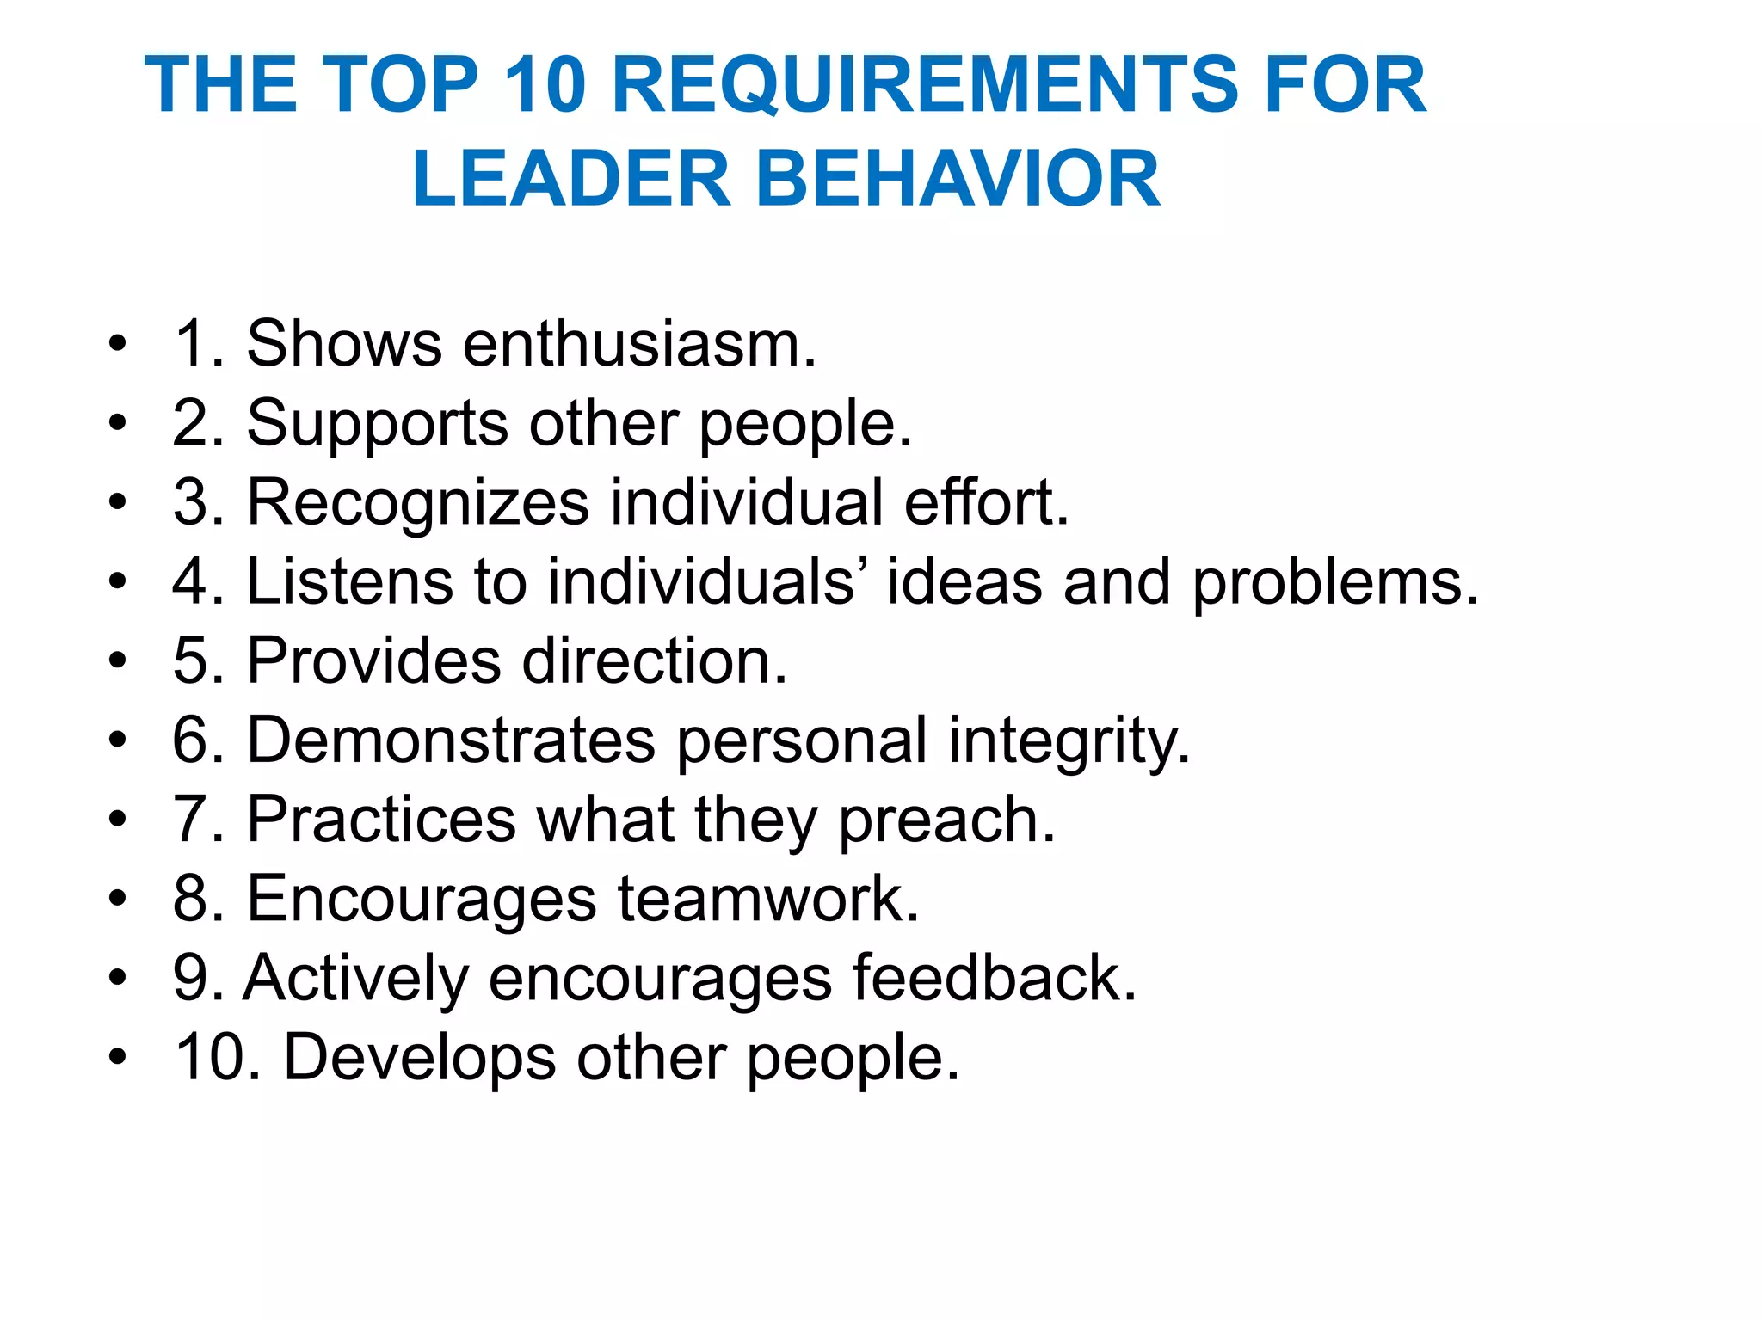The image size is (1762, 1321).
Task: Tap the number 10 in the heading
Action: (545, 84)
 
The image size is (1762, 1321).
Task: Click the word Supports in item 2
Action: (378, 424)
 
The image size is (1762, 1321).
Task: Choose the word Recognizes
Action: (418, 503)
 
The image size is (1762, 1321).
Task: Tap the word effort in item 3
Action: (985, 502)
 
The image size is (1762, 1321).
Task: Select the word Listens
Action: (348, 582)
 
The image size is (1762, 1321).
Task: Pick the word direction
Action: (655, 661)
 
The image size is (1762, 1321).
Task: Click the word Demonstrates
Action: (451, 740)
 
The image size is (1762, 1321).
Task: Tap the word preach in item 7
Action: (946, 820)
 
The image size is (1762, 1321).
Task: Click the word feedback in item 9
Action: (995, 978)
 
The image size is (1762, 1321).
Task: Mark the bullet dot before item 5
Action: (118, 661)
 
